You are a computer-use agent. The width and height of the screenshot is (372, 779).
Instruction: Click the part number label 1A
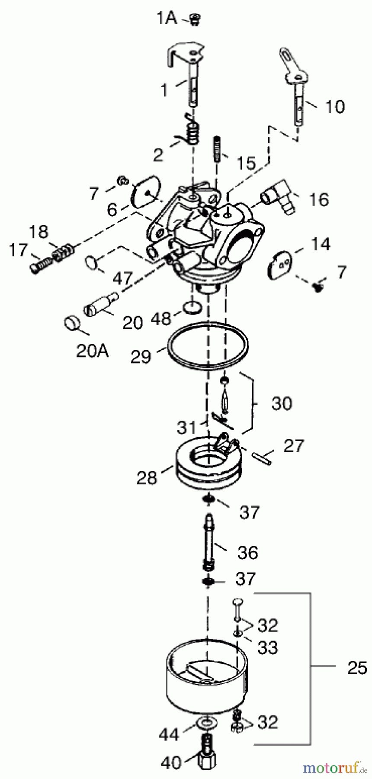167,19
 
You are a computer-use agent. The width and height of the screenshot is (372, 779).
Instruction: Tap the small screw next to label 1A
194,19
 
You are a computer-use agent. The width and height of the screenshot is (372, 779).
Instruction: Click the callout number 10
334,106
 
